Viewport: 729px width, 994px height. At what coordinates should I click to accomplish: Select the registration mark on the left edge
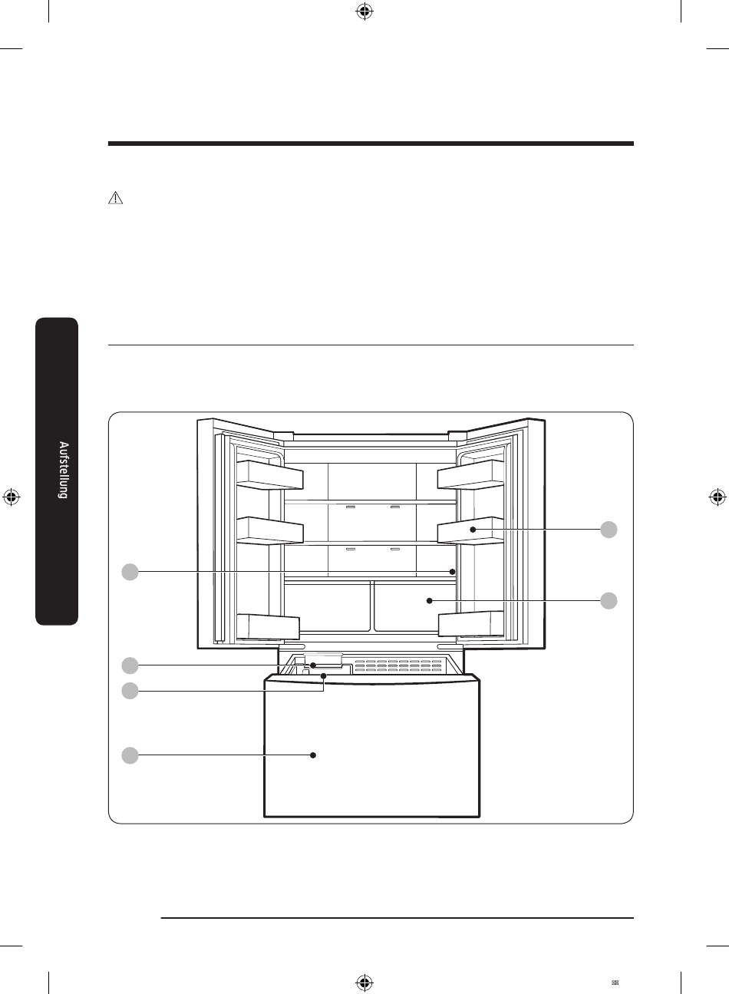11,496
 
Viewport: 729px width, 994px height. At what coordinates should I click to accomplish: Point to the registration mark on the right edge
717,496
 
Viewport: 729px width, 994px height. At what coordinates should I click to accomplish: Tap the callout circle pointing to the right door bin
608,530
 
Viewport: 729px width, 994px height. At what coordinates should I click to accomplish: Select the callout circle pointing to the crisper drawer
608,600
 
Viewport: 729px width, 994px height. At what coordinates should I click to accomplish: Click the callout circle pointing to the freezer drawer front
130,755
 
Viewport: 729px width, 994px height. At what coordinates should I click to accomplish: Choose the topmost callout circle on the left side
130,571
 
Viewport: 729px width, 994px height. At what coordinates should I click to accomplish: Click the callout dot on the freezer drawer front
314,755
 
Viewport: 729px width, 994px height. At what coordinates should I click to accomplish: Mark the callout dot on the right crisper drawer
430,600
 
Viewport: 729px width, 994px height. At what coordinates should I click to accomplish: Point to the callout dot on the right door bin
473,530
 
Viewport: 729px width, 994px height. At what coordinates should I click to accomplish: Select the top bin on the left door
269,475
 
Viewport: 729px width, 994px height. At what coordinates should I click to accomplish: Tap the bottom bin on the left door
267,626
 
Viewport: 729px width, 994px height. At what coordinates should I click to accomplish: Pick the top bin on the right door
470,475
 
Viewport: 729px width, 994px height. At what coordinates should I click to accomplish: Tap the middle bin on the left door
269,531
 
